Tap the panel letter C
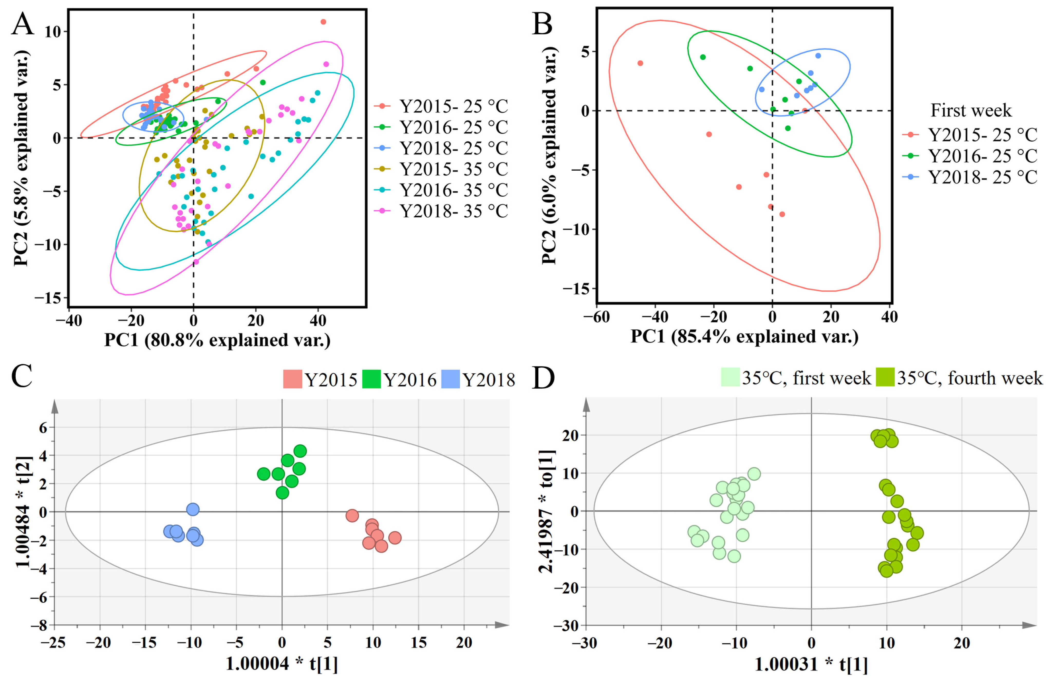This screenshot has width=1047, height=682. (22, 376)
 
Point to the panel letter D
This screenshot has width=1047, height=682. (543, 377)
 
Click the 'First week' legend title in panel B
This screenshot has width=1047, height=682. (971, 110)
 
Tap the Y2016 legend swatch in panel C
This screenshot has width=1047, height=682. (371, 379)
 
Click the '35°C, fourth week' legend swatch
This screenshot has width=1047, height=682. (885, 377)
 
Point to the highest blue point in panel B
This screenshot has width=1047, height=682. (818, 56)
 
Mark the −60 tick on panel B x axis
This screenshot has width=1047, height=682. (597, 317)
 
